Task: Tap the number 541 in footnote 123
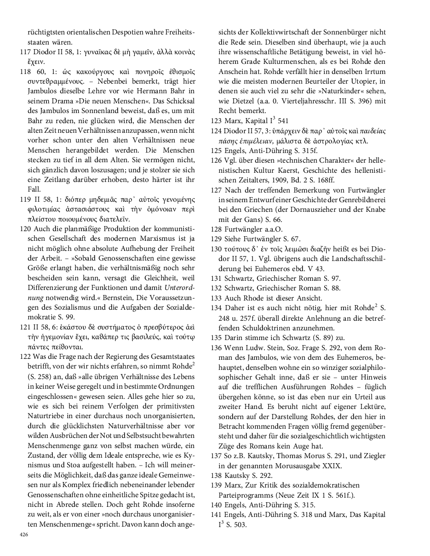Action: (x=283, y=121)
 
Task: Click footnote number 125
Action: (x=216, y=151)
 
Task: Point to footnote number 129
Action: (x=216, y=239)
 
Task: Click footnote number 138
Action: (x=216, y=476)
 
